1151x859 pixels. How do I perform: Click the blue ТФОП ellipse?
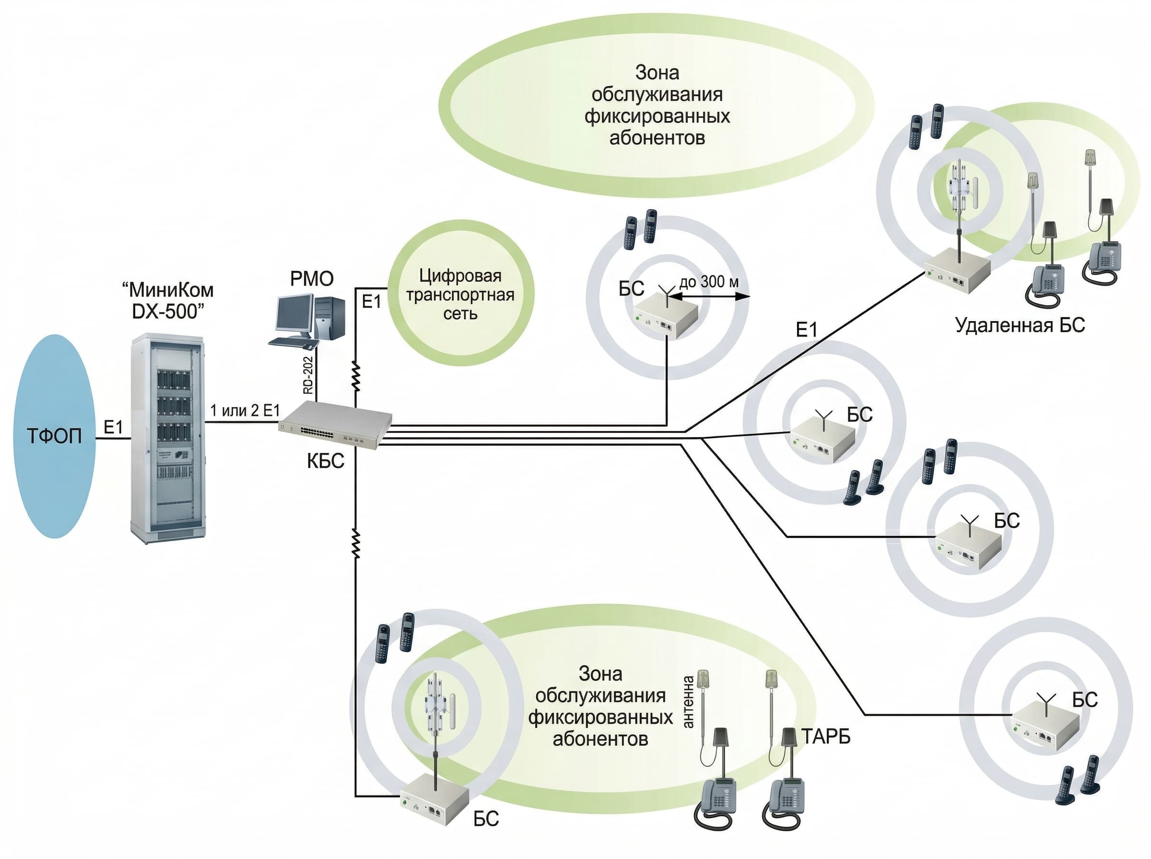pos(54,436)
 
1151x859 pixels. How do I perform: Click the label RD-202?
pos(308,374)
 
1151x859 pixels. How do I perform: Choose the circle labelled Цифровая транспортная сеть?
pos(460,293)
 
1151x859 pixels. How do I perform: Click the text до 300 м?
pos(709,282)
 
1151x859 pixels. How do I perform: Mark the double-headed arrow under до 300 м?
pos(709,296)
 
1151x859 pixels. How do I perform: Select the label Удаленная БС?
pos(1020,325)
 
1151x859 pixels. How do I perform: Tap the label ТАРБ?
pos(825,736)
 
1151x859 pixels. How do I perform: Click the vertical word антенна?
pos(688,702)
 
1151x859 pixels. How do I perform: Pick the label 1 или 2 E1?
pos(245,410)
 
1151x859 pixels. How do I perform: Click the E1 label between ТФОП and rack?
pos(113,427)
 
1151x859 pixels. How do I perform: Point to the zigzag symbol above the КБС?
pos(356,376)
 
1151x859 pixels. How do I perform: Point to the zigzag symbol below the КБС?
pos(356,544)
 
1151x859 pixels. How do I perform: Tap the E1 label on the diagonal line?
pos(807,330)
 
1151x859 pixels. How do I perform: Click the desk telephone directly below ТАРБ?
pos(787,804)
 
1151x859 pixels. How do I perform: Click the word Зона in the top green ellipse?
pos(658,73)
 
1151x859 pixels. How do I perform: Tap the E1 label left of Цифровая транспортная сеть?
pos(371,302)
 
